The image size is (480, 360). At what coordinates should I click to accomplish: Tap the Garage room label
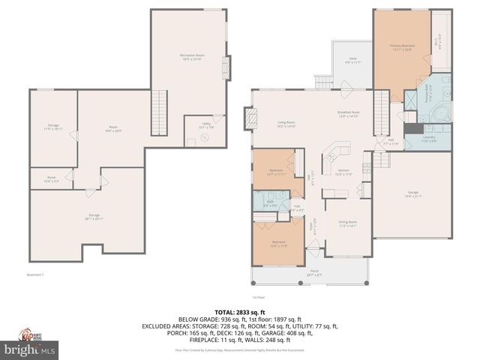(x=413, y=194)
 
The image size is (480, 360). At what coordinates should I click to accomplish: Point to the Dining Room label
(x=346, y=223)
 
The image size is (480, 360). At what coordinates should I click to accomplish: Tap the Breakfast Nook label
(x=349, y=114)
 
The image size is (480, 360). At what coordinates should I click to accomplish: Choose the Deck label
(x=352, y=60)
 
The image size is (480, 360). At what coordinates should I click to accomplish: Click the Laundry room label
(x=429, y=139)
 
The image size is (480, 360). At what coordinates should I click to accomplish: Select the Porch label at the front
(x=313, y=274)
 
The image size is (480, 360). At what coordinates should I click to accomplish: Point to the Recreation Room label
(x=193, y=58)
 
